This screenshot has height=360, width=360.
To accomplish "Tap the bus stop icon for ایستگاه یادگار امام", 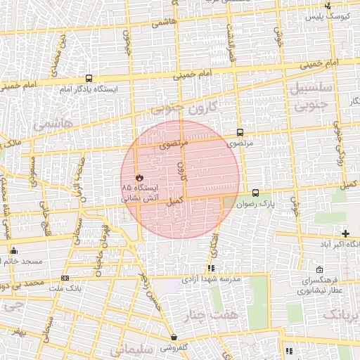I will click(89, 79).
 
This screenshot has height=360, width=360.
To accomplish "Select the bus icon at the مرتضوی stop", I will click(240, 132).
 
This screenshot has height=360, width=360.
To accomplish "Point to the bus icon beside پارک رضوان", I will click(255, 193).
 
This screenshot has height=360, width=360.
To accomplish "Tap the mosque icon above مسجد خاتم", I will click(13, 250).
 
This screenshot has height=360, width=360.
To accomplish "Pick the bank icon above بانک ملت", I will click(65, 278).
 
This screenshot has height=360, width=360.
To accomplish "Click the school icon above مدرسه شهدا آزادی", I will click(211, 268).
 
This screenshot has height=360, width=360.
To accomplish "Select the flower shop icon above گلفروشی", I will click(174, 337).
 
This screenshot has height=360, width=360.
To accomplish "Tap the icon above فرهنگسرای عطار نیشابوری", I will click(320, 270).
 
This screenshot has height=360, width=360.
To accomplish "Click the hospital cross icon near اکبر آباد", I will click(345, 233).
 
